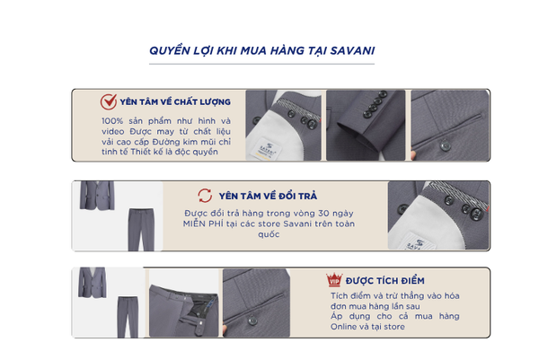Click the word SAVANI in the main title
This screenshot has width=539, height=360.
click(352, 51)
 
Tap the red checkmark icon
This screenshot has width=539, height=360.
click(109, 101)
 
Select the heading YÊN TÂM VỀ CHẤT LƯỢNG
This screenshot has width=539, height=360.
click(175, 101)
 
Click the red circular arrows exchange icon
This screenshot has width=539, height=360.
click(205, 196)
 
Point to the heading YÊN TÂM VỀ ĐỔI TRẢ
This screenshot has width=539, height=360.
click(268, 196)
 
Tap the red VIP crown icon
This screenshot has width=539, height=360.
click(334, 279)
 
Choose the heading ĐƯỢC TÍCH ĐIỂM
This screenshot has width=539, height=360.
click(385, 281)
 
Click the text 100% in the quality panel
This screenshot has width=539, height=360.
click(112, 121)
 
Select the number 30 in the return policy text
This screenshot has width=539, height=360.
click(323, 214)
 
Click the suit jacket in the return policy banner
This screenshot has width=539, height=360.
click(97, 196)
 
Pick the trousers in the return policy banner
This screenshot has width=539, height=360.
click(141, 230)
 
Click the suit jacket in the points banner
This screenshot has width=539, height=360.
click(93, 283)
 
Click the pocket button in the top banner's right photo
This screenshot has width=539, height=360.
click(445, 145)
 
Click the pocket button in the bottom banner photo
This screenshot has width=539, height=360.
click(252, 320)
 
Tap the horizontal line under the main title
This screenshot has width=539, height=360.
click(261, 64)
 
